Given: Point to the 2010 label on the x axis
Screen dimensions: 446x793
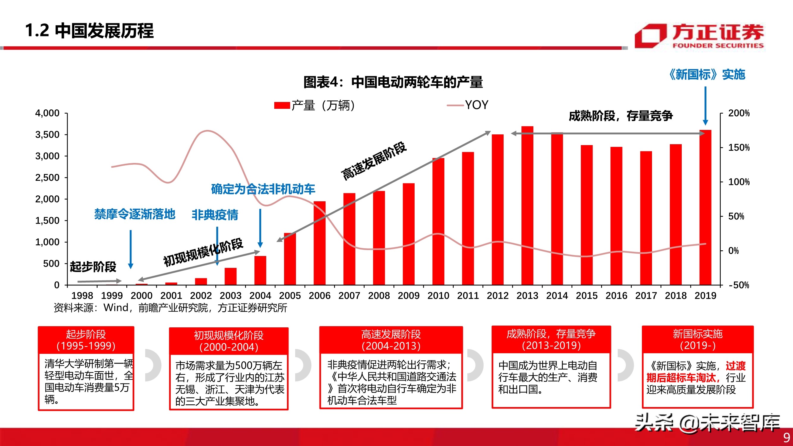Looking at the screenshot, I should pyautogui.click(x=438, y=296).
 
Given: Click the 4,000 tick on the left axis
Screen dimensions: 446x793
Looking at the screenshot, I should pyautogui.click(x=47, y=113).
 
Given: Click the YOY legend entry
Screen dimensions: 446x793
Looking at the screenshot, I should pyautogui.click(x=468, y=105).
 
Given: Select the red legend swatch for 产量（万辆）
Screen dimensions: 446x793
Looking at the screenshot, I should pyautogui.click(x=282, y=106).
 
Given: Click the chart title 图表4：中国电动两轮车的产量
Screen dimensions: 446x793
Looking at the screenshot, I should pyautogui.click(x=393, y=82).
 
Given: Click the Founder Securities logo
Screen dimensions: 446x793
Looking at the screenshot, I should pyautogui.click(x=699, y=36).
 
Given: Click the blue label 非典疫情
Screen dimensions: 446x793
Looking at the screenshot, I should pyautogui.click(x=215, y=215).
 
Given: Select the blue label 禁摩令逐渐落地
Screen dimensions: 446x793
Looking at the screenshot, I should pyautogui.click(x=134, y=214).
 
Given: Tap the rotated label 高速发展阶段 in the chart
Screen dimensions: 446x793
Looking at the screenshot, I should pyautogui.click(x=374, y=161).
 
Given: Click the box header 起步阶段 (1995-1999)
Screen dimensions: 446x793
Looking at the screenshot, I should pyautogui.click(x=86, y=340).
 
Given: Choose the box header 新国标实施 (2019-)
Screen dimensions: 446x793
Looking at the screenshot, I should pyautogui.click(x=698, y=340).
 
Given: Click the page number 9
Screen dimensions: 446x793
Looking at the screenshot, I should pyautogui.click(x=786, y=437).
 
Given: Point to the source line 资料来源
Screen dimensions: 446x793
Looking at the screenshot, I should pyautogui.click(x=170, y=307).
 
